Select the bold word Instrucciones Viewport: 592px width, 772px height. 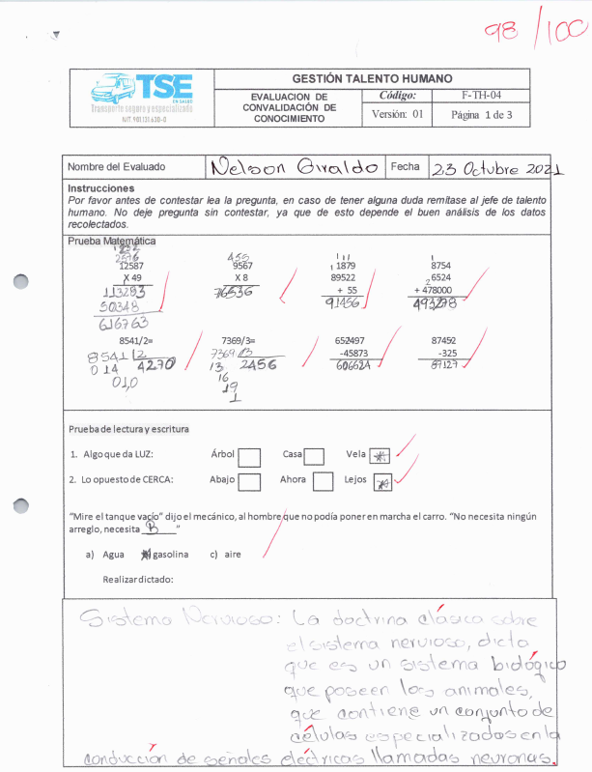click(101, 188)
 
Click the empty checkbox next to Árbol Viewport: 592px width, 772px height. click(249, 456)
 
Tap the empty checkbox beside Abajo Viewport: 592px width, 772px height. click(249, 481)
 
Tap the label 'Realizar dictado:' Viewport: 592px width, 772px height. click(137, 579)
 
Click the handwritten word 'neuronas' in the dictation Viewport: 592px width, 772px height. click(517, 755)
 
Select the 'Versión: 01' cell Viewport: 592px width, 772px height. click(398, 115)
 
